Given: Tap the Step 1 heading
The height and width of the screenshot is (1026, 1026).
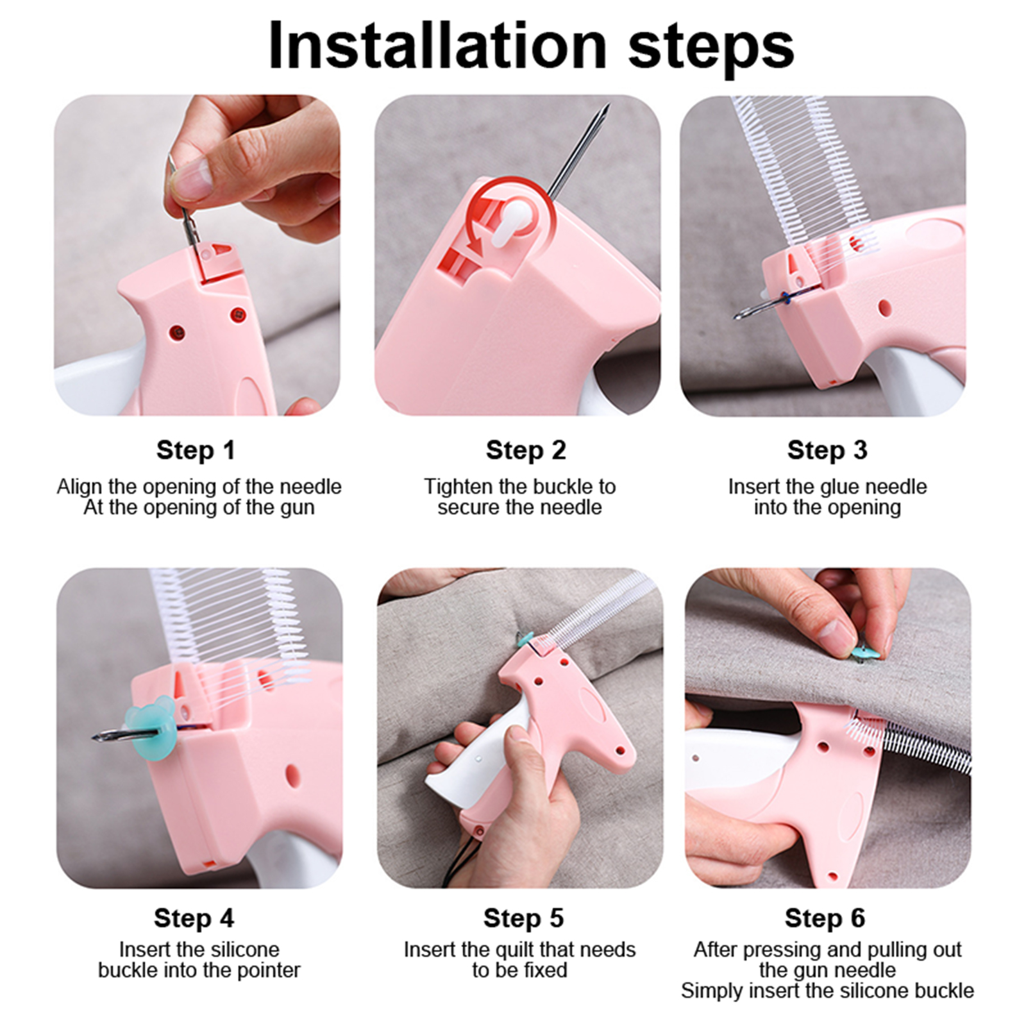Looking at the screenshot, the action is (x=196, y=450).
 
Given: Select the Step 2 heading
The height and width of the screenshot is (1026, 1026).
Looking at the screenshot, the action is (x=526, y=450).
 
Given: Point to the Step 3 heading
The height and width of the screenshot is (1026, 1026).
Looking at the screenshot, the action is (x=827, y=450).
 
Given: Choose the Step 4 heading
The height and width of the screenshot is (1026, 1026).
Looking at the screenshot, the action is (x=194, y=918).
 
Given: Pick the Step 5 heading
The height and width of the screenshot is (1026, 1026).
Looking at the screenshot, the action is (x=523, y=918).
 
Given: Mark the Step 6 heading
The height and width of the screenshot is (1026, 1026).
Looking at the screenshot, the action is (x=825, y=918).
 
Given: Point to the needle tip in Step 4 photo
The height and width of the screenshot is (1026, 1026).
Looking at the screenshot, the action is (x=94, y=738).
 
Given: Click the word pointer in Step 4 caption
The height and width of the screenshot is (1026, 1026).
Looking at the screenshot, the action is (x=269, y=970).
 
